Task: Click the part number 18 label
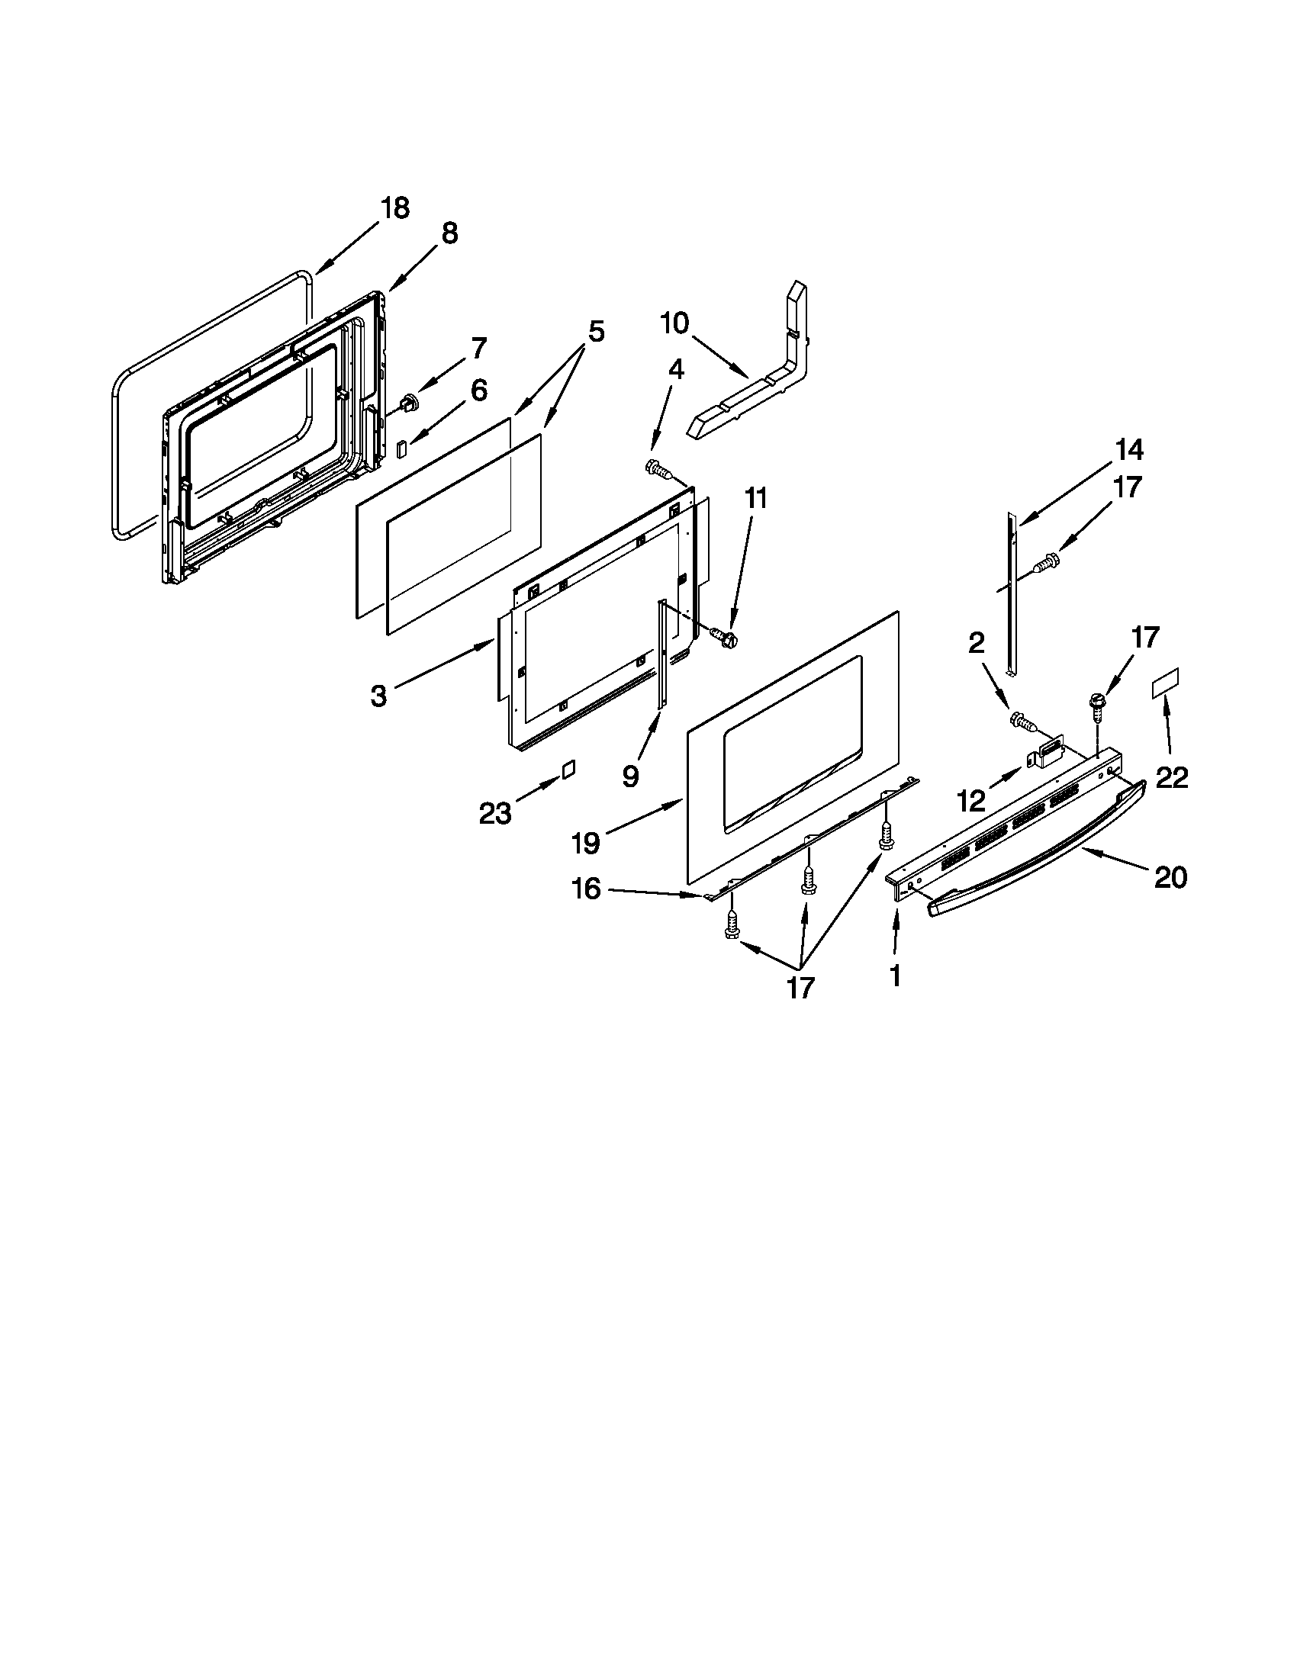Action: pos(396,208)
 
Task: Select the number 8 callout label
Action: pos(450,233)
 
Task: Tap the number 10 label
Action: pos(674,323)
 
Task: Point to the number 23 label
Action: pos(495,812)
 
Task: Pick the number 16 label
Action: pos(585,889)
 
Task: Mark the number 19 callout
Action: pos(585,843)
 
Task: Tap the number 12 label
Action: pos(971,802)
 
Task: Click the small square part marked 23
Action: pos(568,769)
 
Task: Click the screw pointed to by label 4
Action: pos(658,467)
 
